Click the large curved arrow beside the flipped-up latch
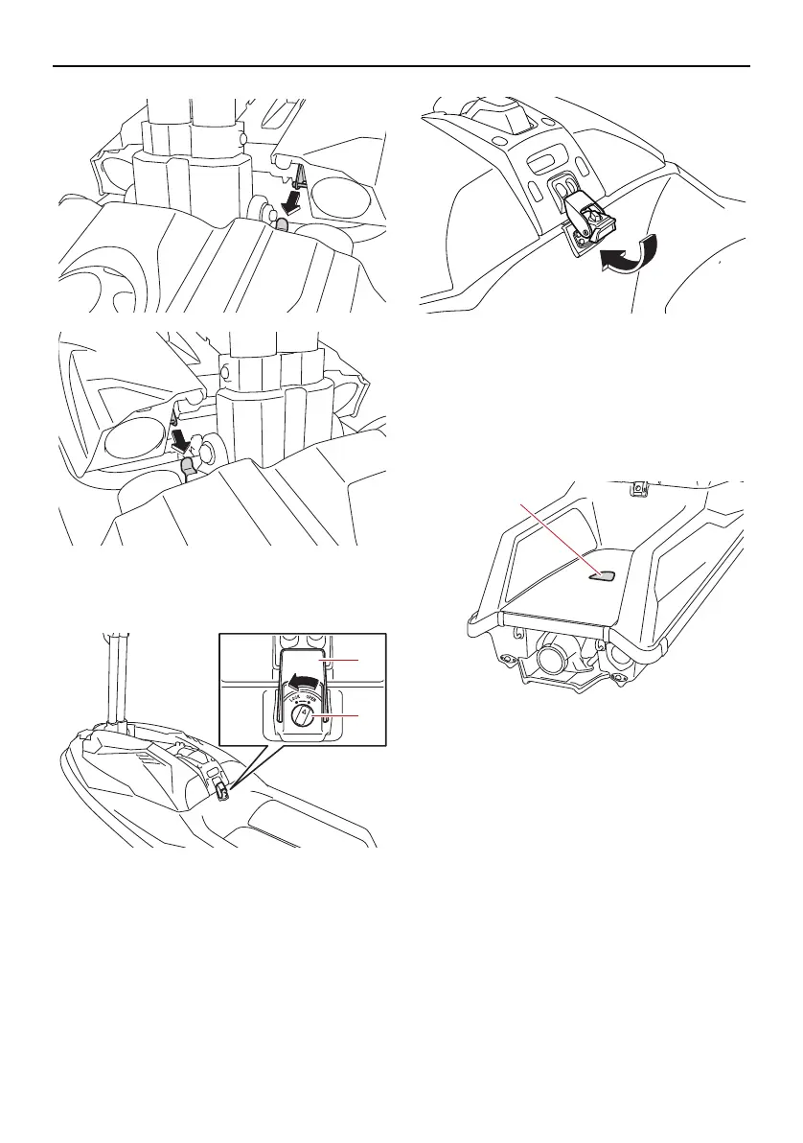pyautogui.click(x=627, y=254)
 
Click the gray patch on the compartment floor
pyautogui.click(x=602, y=575)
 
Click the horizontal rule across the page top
pyautogui.click(x=401, y=67)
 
